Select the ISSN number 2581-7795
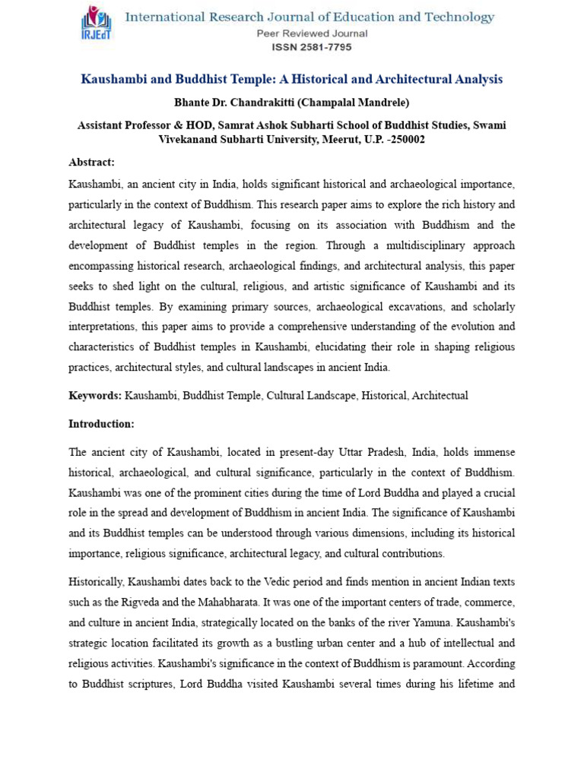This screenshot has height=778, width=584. tap(312, 47)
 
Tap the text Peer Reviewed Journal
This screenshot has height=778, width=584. tap(312, 33)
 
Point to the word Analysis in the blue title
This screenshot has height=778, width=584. tap(476, 80)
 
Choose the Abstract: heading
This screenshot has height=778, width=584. tap(91, 163)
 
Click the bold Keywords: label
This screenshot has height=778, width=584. tap(95, 396)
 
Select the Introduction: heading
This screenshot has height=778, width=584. tap(101, 424)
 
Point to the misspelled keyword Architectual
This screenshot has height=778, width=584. tap(440, 396)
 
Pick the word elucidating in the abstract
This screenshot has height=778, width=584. tap(365, 346)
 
